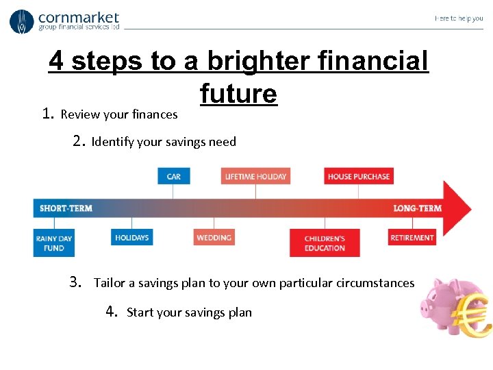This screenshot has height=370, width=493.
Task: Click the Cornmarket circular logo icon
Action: [x=21, y=22]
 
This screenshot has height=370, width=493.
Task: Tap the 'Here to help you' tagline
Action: [x=458, y=18]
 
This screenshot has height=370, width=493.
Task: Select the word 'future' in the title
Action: [x=238, y=93]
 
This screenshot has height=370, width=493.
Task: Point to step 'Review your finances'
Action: [x=118, y=114]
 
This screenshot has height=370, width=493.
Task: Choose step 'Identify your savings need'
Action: [x=163, y=142]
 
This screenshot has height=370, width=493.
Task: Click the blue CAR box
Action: [x=174, y=176]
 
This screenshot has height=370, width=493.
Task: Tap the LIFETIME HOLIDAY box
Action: [x=255, y=176]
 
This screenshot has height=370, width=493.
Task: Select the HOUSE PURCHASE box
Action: [x=358, y=176]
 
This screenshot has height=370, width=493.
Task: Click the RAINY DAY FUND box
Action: [x=53, y=243]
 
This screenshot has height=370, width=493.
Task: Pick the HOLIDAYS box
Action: [x=131, y=238]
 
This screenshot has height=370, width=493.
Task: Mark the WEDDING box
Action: [x=214, y=238]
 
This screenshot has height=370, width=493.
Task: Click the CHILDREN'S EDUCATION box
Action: [x=325, y=243]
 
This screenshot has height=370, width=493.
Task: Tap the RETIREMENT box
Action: [x=412, y=238]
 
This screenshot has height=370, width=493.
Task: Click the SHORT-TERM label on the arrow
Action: [x=66, y=208]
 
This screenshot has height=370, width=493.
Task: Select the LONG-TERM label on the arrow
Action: [x=417, y=208]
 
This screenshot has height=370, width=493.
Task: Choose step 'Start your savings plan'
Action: [x=189, y=312]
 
